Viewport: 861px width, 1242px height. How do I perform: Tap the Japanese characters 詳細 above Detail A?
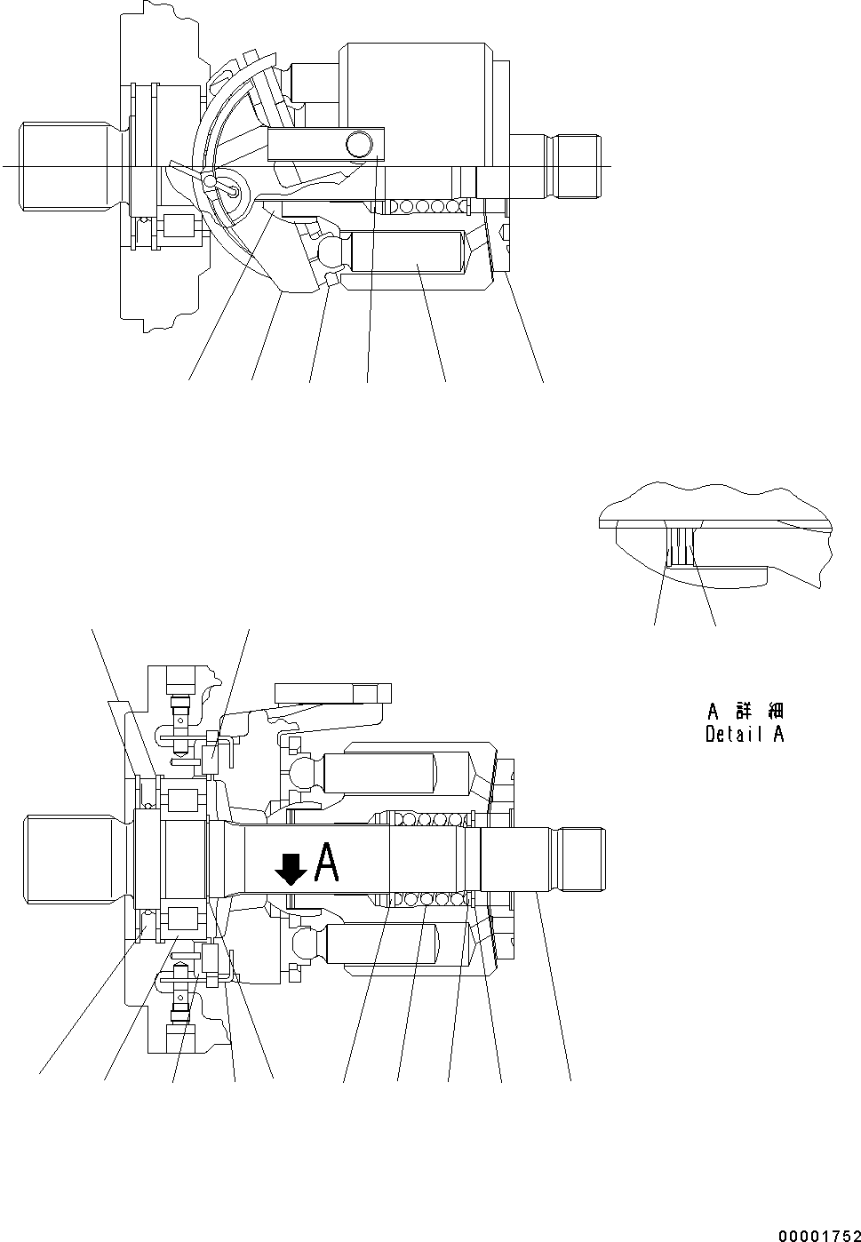coord(760,712)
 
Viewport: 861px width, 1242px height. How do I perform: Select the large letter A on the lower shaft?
coord(326,863)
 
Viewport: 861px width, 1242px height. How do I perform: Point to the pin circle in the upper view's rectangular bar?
coord(360,142)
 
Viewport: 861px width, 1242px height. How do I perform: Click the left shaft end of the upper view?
coord(67,167)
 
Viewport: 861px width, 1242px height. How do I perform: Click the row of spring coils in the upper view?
coord(418,207)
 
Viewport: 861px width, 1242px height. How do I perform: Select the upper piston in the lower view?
coord(395,773)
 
